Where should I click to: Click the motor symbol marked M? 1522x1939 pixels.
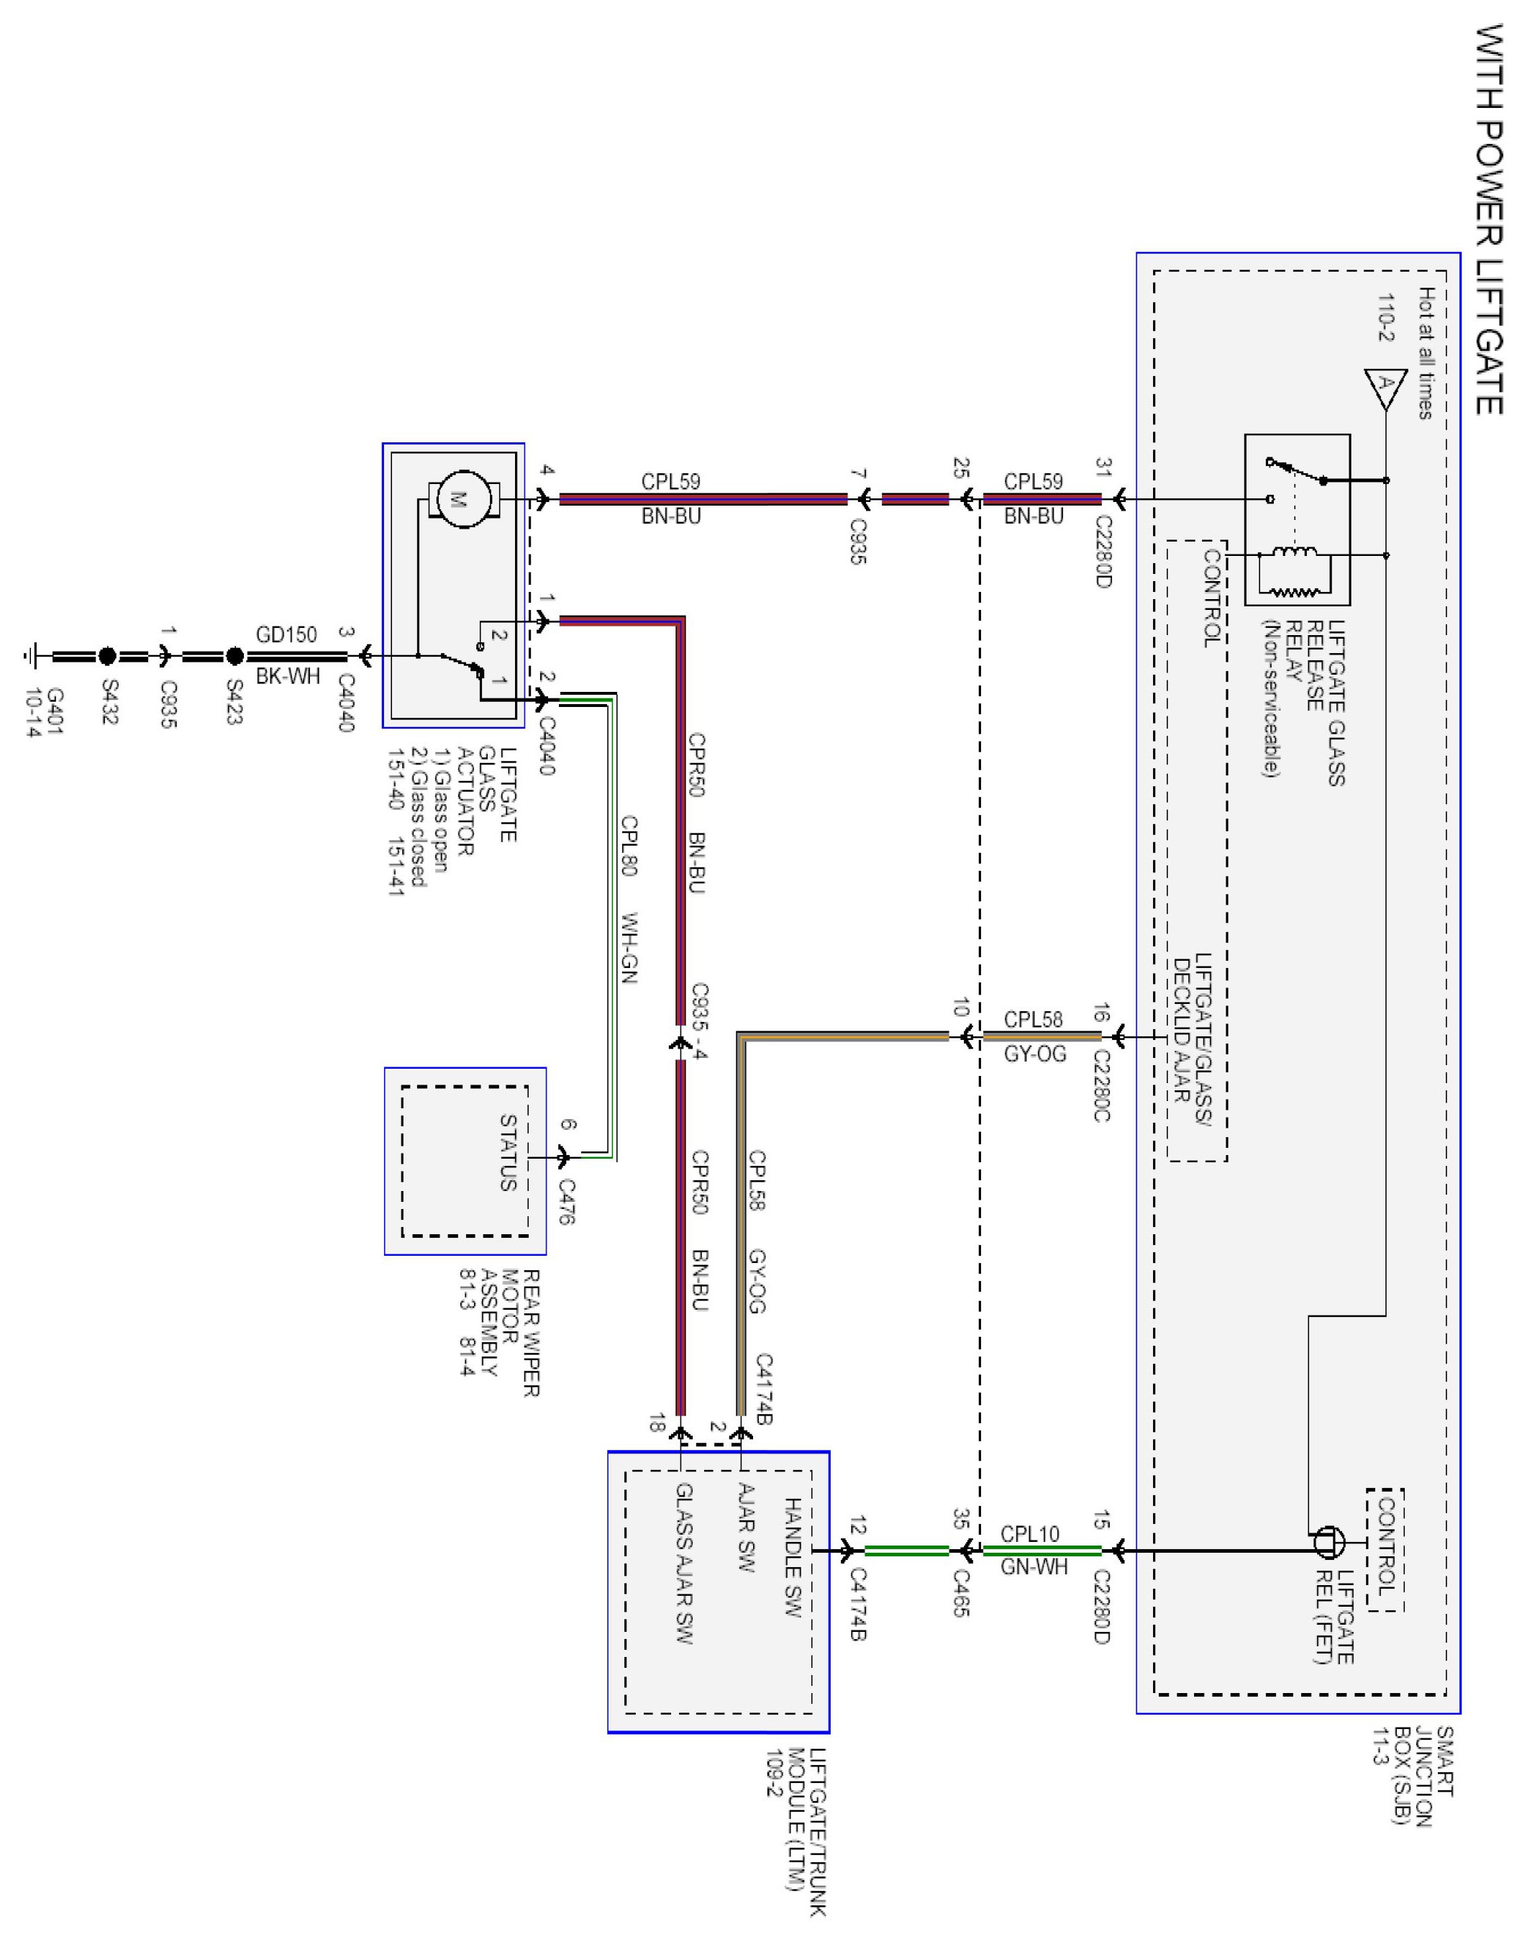point(459,500)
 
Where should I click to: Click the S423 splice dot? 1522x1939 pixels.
point(234,657)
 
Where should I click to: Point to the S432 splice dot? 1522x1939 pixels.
point(107,657)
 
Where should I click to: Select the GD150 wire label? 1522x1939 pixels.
point(286,634)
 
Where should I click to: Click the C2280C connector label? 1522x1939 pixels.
point(1101,1085)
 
